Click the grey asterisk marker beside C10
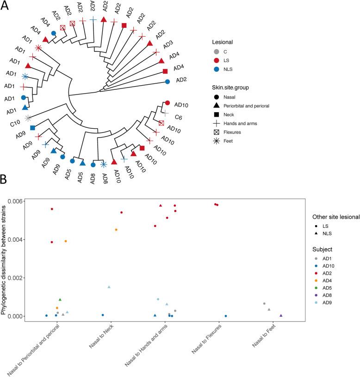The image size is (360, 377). pyautogui.click(x=28, y=118)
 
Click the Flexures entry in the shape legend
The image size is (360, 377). pyautogui.click(x=233, y=132)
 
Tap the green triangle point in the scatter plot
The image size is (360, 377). pyautogui.click(x=60, y=300)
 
